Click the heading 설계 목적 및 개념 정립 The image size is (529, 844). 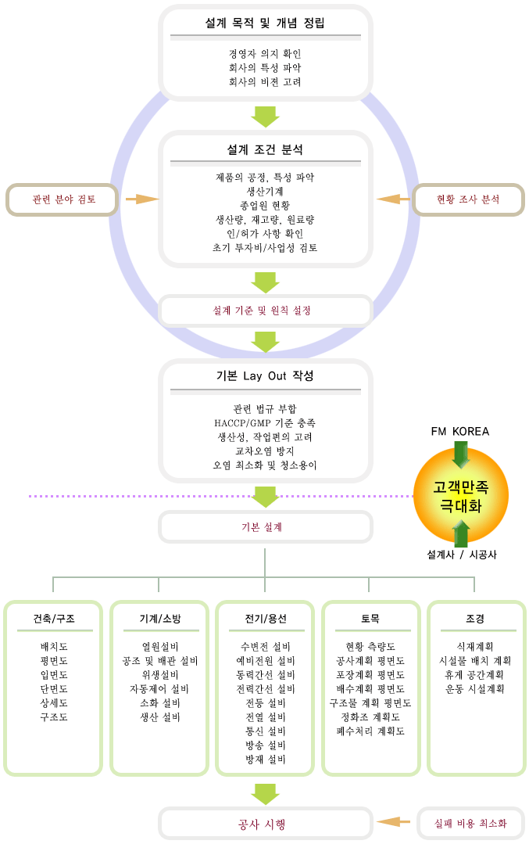click(265, 23)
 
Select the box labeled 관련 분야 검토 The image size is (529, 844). click(64, 199)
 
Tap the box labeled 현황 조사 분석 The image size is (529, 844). click(467, 199)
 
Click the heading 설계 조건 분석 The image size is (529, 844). click(265, 149)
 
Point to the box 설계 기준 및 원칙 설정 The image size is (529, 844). click(265, 311)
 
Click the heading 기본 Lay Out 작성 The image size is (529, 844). click(265, 376)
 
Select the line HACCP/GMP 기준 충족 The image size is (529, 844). click(265, 423)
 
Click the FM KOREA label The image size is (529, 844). click(459, 432)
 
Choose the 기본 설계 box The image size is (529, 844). click(265, 527)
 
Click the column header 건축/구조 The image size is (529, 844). click(54, 619)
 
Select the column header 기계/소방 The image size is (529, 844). click(159, 619)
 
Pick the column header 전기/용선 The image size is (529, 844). click(265, 619)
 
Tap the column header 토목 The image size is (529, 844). click(370, 619)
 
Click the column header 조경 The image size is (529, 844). click(474, 619)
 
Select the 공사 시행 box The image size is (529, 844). click(265, 824)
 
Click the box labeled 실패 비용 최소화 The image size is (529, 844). click(470, 823)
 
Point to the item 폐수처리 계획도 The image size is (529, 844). click(370, 731)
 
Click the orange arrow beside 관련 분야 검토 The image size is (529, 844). click(141, 199)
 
